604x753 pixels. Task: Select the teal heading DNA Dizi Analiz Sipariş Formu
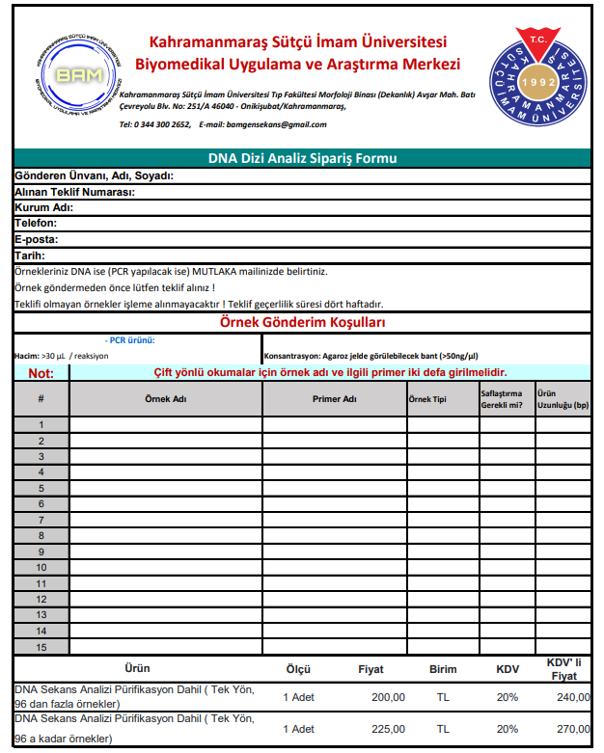click(x=303, y=158)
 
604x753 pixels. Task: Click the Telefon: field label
click(x=36, y=223)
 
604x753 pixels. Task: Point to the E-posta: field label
click(x=37, y=239)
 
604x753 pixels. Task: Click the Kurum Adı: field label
click(x=43, y=207)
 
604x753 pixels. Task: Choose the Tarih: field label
click(x=30, y=255)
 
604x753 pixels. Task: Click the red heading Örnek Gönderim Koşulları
click(x=303, y=322)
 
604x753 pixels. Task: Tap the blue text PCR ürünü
click(x=130, y=340)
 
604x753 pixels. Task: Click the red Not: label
click(x=41, y=373)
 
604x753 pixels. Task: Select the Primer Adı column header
click(x=335, y=399)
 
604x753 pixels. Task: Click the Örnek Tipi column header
click(x=427, y=399)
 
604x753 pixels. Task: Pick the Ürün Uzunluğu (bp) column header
click(x=563, y=399)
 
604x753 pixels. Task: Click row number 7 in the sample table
click(x=41, y=520)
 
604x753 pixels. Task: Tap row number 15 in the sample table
click(x=41, y=646)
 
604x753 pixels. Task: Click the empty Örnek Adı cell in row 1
click(x=166, y=424)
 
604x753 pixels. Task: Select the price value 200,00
click(x=388, y=697)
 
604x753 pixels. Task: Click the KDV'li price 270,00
click(x=572, y=730)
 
